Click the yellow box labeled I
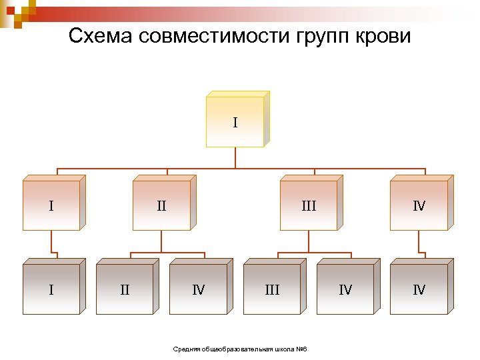click(x=235, y=122)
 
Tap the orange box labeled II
click(x=161, y=206)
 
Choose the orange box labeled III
click(x=308, y=206)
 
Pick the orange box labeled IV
click(x=419, y=206)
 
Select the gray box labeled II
click(x=125, y=289)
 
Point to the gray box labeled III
click(x=271, y=289)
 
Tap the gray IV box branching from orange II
click(x=198, y=289)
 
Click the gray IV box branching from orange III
click(x=345, y=289)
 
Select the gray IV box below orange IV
click(x=419, y=289)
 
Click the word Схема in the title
click(x=101, y=36)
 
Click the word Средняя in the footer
click(x=184, y=350)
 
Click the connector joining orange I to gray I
click(x=51, y=243)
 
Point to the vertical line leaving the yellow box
click(x=235, y=157)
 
